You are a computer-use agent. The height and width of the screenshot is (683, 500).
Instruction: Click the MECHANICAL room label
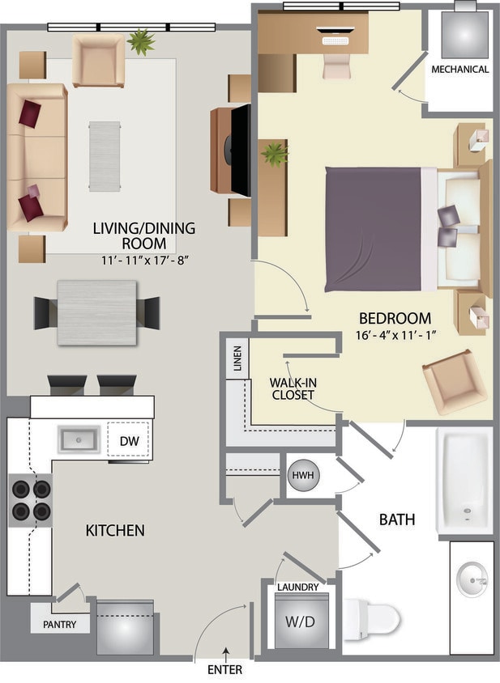coord(459,70)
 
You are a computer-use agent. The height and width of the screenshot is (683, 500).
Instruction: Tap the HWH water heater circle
coord(305,475)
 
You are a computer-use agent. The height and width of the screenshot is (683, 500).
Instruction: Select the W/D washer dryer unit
coord(302,622)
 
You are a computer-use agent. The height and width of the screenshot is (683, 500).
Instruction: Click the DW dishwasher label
coord(129,441)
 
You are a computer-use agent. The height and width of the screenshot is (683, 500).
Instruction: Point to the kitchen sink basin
coord(78,440)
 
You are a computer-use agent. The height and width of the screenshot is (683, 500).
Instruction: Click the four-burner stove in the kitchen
coord(31,499)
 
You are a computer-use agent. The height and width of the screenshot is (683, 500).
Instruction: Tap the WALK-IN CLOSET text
coord(292,388)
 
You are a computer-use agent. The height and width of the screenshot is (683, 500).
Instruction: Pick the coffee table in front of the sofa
coord(105,155)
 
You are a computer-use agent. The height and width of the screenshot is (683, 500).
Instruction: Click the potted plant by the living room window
coord(141,41)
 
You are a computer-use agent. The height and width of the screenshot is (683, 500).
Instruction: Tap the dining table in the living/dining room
coord(96,312)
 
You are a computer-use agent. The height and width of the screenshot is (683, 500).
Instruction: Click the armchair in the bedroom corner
coord(454,381)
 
